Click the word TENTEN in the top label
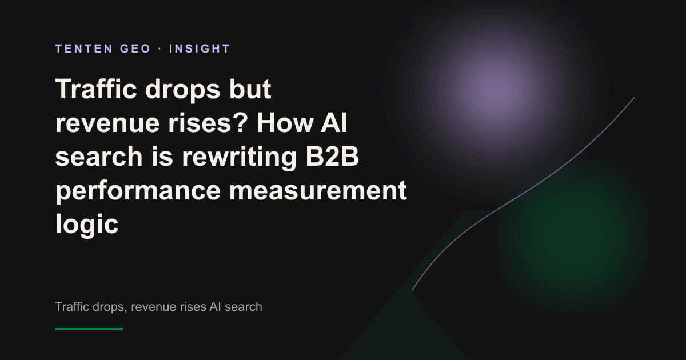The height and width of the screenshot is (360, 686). click(x=84, y=49)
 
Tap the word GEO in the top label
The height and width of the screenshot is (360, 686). click(x=135, y=49)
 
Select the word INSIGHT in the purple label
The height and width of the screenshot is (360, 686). click(x=200, y=49)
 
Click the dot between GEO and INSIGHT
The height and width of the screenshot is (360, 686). click(x=160, y=49)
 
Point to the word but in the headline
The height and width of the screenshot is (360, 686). click(x=250, y=89)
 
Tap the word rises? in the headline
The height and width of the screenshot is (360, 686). click(x=208, y=123)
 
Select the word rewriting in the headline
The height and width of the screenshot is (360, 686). click(x=239, y=157)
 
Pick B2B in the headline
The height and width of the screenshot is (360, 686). click(x=332, y=156)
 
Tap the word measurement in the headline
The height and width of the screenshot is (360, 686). click(x=318, y=190)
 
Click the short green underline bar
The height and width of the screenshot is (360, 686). click(x=89, y=329)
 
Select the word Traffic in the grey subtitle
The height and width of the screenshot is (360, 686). click(x=72, y=306)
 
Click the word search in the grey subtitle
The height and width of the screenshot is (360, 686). click(x=243, y=306)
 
